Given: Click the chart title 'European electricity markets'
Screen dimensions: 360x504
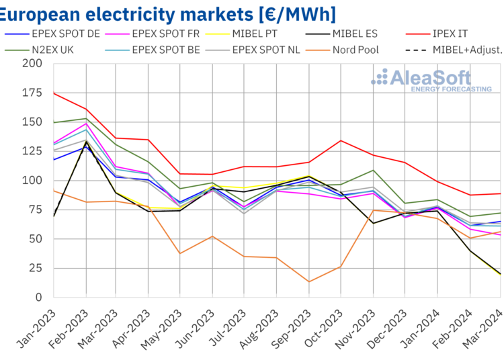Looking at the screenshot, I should point(168,13).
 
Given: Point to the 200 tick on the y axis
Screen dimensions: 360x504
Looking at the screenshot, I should point(32,64).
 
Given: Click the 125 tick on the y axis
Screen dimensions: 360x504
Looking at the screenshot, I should point(32,151).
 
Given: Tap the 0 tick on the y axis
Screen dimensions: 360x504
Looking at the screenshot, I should point(40,297).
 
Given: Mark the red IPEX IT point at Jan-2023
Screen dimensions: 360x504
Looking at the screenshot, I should point(54,93).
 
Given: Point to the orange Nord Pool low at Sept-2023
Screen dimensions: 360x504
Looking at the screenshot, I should point(308,281).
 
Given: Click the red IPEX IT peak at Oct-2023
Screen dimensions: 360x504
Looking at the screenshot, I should point(341,140).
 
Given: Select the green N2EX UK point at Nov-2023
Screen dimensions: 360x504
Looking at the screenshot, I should point(372,170).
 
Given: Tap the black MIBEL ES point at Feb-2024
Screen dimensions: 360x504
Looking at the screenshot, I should point(468,251).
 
